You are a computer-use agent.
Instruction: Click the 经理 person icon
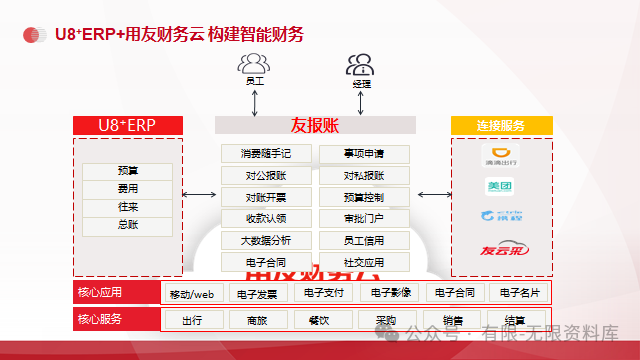pyautogui.click(x=361, y=66)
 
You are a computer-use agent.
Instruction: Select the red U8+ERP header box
pyautogui.click(x=127, y=125)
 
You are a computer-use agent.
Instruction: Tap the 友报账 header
pyautogui.click(x=315, y=125)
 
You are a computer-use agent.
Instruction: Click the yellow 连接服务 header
pyautogui.click(x=501, y=125)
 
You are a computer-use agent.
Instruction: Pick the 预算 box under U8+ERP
pyautogui.click(x=128, y=171)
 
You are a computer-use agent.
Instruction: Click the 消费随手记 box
pyautogui.click(x=266, y=153)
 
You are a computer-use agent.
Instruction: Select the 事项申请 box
pyautogui.click(x=363, y=153)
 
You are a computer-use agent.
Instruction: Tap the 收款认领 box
pyautogui.click(x=266, y=218)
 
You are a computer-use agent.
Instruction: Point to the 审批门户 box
pyautogui.click(x=363, y=218)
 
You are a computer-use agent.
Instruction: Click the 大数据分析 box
pyautogui.click(x=266, y=240)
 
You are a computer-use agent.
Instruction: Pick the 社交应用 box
pyautogui.click(x=363, y=262)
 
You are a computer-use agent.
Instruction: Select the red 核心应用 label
pyautogui.click(x=99, y=293)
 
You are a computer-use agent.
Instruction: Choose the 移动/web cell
pyautogui.click(x=192, y=294)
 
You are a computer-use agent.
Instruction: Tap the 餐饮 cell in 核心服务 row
pyautogui.click(x=319, y=321)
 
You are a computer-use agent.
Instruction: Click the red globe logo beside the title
pyautogui.click(x=36, y=35)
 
